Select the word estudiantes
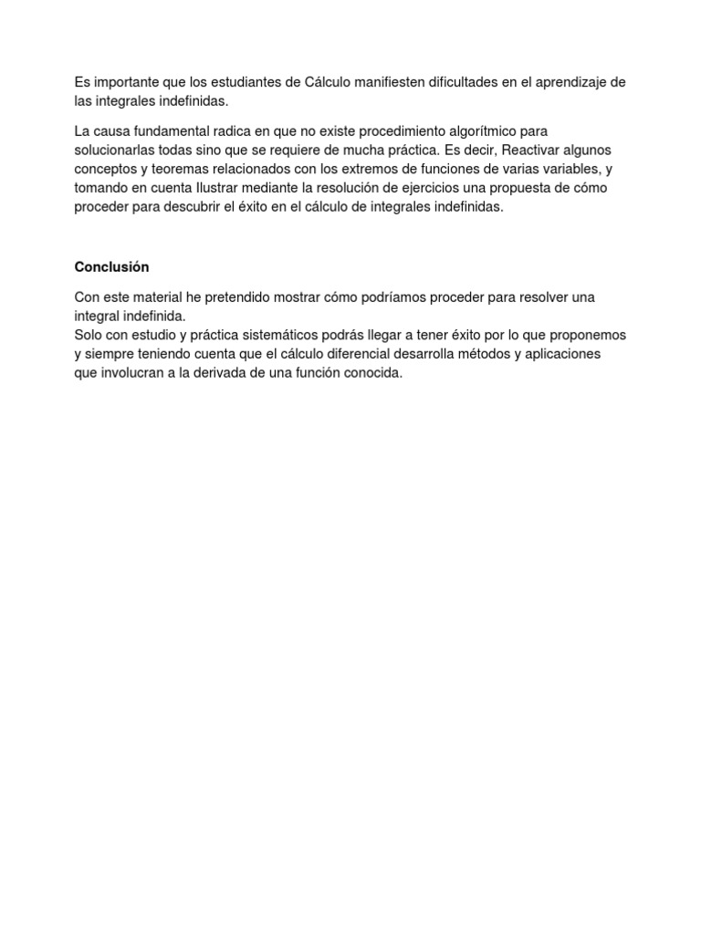point(244,82)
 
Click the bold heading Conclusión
point(111,267)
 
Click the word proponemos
point(587,335)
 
